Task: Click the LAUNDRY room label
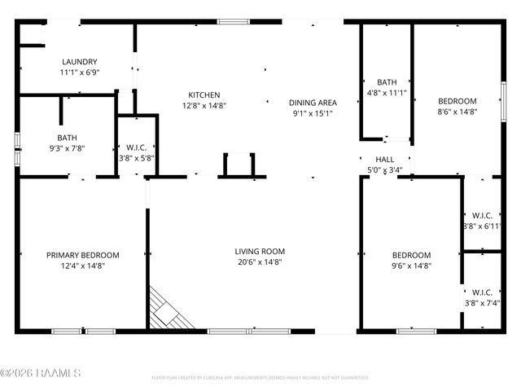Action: pyautogui.click(x=80, y=61)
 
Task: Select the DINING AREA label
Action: pyautogui.click(x=313, y=102)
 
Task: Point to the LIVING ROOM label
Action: pyautogui.click(x=260, y=251)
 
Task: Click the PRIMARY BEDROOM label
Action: pyautogui.click(x=82, y=254)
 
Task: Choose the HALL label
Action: pyautogui.click(x=384, y=159)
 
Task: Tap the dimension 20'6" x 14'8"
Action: pyautogui.click(x=260, y=262)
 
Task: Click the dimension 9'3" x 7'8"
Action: pyautogui.click(x=67, y=147)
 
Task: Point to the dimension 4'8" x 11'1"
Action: pyautogui.click(x=386, y=93)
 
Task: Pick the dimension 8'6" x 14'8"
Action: pyautogui.click(x=457, y=112)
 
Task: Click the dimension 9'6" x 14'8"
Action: pyautogui.click(x=411, y=266)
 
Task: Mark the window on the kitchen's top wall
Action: pyautogui.click(x=233, y=21)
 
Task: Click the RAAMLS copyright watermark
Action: pyautogui.click(x=41, y=373)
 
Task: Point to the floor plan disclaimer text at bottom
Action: pyautogui.click(x=260, y=377)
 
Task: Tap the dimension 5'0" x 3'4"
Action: pyautogui.click(x=384, y=169)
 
